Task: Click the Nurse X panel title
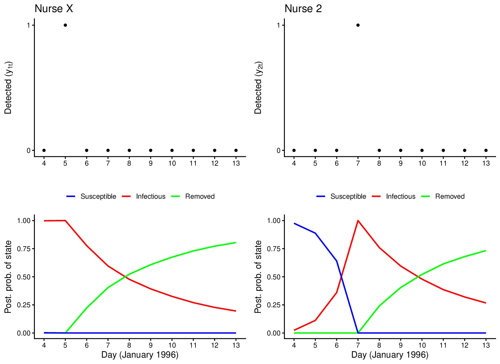coord(54,9)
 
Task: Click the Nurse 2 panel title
coord(303,9)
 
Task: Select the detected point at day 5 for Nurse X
coord(65,25)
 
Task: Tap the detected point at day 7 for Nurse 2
coord(358,25)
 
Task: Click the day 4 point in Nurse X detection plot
coord(44,150)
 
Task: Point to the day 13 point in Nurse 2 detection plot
coord(486,150)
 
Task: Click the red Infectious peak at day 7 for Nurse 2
coord(358,221)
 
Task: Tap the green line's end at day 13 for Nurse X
coord(236,242)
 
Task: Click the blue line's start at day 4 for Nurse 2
coord(294,224)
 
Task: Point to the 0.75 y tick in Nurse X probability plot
coord(24,249)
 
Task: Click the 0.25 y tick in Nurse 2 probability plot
coord(273,305)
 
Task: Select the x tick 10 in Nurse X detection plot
coord(172,163)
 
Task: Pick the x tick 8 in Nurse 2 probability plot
coord(379,345)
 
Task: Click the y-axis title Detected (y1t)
coord(8,88)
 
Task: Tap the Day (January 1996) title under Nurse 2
coord(390,355)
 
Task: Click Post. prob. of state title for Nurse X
coord(8,277)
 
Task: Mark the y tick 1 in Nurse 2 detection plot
coord(278,25)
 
